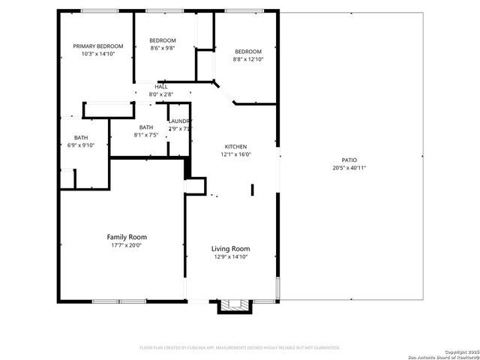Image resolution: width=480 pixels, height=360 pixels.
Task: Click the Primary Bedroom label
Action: click(x=97, y=46)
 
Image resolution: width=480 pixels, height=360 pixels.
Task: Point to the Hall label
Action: click(x=161, y=87)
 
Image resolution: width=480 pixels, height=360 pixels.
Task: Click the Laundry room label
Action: click(x=180, y=121)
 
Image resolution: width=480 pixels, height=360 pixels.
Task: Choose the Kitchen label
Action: click(x=235, y=147)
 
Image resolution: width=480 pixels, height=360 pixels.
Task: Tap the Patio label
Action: click(x=349, y=160)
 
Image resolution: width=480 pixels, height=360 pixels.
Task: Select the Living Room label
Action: click(x=230, y=249)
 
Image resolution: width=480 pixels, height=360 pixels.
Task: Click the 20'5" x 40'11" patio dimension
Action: click(x=349, y=168)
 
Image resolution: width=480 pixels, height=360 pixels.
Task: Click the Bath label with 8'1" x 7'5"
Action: click(x=145, y=127)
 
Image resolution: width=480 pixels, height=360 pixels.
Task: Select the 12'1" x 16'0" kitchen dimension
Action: click(x=235, y=154)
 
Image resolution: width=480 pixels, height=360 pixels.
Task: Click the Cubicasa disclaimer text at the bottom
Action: click(x=240, y=348)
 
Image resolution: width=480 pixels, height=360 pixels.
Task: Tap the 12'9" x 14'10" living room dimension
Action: click(x=230, y=257)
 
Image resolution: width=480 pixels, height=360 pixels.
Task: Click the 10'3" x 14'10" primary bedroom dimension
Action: click(x=97, y=54)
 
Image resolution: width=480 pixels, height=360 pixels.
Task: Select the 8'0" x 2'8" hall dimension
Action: click(x=161, y=94)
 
